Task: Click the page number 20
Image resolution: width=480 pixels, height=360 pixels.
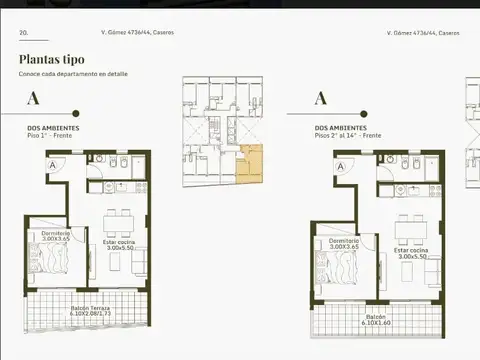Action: [23, 33]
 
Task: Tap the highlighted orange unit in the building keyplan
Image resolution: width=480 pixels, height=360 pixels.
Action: [249, 165]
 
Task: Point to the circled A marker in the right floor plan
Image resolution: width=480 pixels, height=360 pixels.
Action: [341, 167]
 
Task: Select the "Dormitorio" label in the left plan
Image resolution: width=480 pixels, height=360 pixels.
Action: [56, 233]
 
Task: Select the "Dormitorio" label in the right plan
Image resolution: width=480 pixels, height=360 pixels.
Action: [343, 239]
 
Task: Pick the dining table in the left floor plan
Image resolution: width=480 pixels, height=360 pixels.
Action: [119, 222]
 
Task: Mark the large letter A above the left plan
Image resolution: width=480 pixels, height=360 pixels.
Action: [33, 98]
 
